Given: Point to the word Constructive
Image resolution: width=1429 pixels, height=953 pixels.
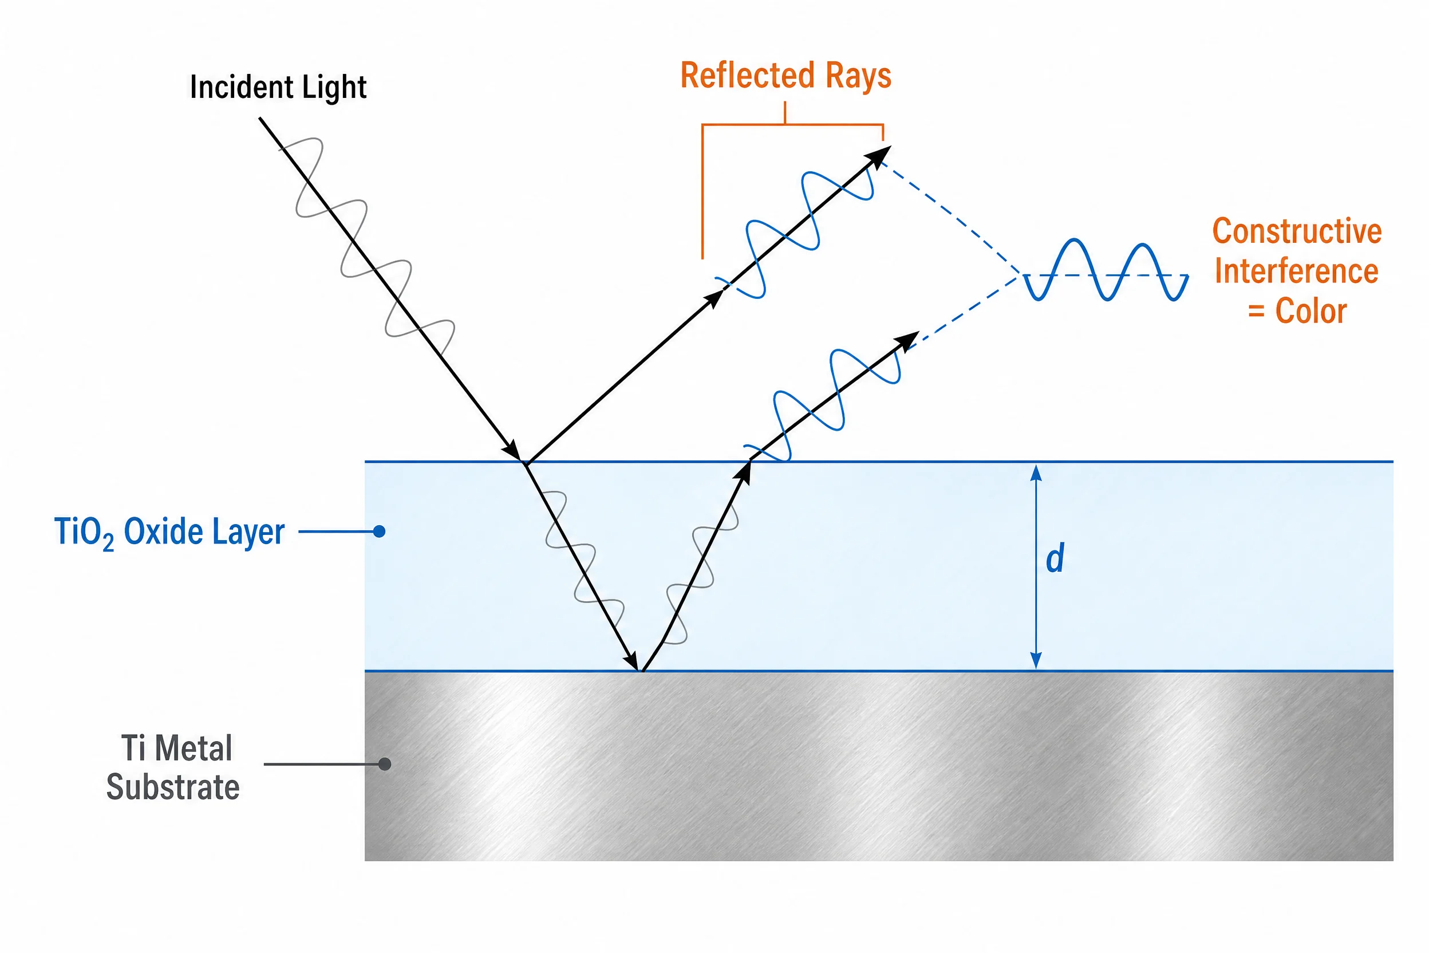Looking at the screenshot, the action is pyautogui.click(x=1297, y=231).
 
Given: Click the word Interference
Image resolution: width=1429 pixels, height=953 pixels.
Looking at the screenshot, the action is pyautogui.click(x=1297, y=271).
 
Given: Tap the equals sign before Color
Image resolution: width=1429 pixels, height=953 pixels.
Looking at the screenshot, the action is pyautogui.click(x=1256, y=312).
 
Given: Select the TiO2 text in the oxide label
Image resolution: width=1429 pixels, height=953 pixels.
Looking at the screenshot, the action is pyautogui.click(x=84, y=533).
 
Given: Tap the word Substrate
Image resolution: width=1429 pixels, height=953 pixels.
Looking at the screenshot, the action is pyautogui.click(x=173, y=787).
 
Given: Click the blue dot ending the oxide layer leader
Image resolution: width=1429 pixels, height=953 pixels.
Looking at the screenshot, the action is pyautogui.click(x=379, y=532).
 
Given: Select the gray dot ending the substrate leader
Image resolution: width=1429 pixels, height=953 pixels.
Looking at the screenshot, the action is pyautogui.click(x=385, y=764).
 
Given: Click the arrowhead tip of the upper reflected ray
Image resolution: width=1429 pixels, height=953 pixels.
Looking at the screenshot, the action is pyautogui.click(x=891, y=147).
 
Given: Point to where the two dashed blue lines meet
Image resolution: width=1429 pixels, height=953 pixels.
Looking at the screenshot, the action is pyautogui.click(x=1021, y=275).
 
